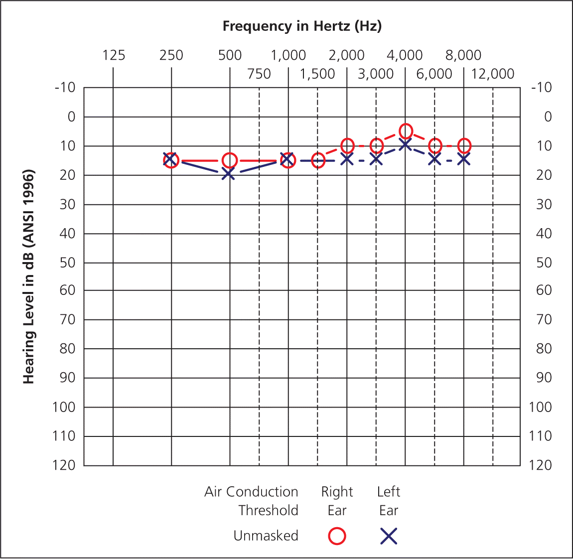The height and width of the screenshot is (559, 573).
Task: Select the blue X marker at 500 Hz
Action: pos(229,174)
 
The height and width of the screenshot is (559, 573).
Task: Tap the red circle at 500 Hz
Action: pos(230,160)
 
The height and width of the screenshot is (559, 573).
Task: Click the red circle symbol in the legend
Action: pos(337,536)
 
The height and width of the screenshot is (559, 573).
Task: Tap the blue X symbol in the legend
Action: pos(389,536)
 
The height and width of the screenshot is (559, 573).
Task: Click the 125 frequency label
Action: pos(114,55)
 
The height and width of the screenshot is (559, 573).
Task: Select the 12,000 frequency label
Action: pos(492,74)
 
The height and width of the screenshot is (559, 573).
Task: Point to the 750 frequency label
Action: pos(259,74)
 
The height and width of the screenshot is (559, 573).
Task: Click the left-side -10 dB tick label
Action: pos(65,88)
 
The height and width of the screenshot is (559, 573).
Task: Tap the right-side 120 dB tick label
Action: pos(540,465)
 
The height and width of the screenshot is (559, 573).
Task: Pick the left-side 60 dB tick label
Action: pos(67,290)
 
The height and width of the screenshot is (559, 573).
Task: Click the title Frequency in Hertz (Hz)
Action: pos(302,26)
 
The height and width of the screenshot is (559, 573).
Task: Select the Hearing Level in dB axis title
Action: pos(29,277)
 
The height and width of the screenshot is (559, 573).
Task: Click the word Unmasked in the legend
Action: pos(266,536)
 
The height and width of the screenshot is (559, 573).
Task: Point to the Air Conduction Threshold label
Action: pos(252,501)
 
